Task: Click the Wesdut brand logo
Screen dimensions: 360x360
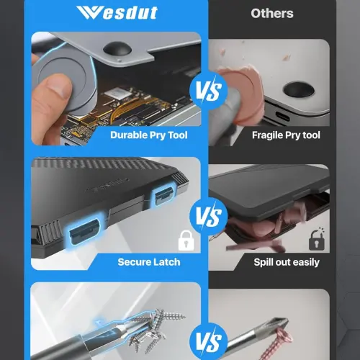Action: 117,13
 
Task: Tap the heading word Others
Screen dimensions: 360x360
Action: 272,14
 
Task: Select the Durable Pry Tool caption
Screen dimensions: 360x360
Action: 149,135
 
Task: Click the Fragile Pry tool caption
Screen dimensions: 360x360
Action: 286,135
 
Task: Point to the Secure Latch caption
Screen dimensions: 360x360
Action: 149,262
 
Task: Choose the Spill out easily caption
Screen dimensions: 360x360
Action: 287,262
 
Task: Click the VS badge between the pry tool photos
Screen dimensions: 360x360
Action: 208,91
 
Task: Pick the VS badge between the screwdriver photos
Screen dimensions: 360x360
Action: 208,341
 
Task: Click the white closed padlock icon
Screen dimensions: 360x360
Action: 186,240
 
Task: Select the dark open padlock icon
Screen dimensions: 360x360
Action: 317,239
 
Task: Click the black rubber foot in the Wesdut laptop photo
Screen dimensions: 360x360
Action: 117,48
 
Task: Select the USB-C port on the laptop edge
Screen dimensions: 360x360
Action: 282,117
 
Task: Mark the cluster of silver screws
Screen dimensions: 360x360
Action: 153,330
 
